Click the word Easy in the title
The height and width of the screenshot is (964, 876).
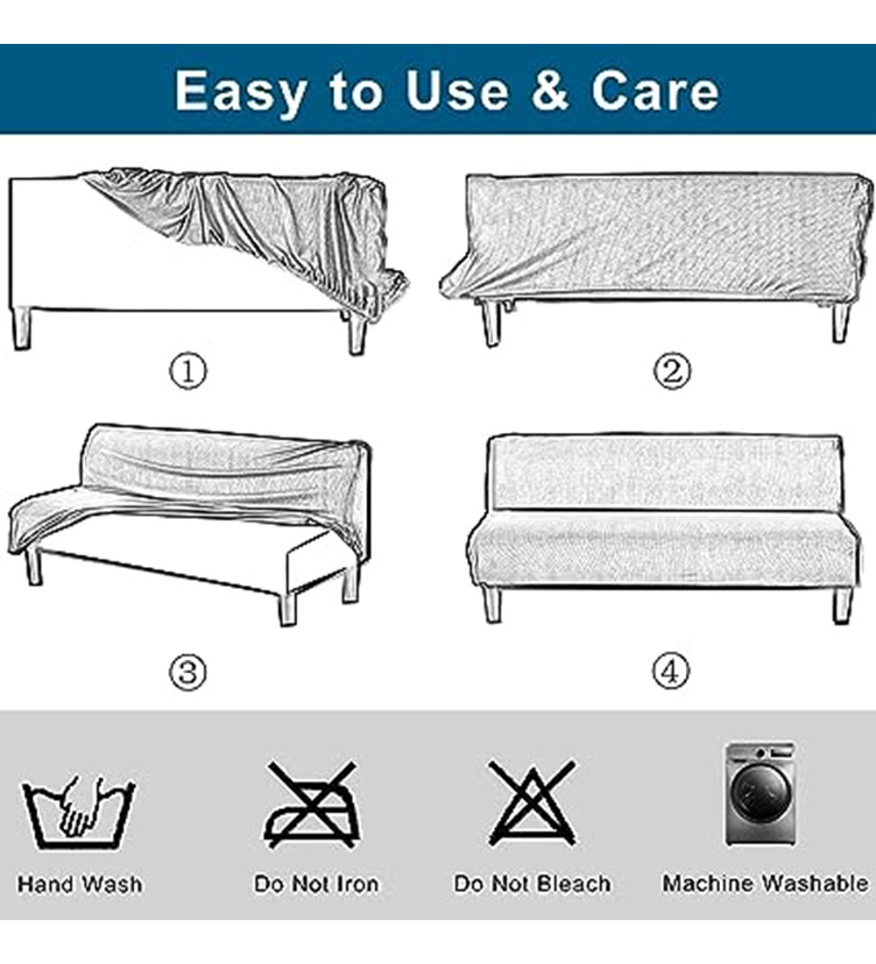pos(240,92)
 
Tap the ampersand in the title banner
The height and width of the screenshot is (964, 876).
pos(549,89)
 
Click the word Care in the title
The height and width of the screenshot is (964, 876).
pos(654,90)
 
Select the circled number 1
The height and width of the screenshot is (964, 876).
pos(188,371)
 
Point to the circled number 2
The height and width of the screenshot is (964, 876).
pos(672,371)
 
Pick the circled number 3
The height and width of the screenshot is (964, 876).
pos(188,672)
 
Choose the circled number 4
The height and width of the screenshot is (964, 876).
pos(671,670)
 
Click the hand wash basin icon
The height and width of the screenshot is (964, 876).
pos(79,812)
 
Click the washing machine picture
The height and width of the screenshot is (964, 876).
pos(760,794)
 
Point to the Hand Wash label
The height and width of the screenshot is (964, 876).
pos(80,885)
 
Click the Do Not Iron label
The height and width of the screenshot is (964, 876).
pos(316,884)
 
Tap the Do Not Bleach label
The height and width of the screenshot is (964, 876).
pos(533,884)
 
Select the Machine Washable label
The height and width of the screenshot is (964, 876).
pos(766,883)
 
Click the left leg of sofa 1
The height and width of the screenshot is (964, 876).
pos(21,329)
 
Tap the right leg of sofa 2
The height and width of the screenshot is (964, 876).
pos(841,322)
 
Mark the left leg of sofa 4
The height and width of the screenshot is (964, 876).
pos(492,603)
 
